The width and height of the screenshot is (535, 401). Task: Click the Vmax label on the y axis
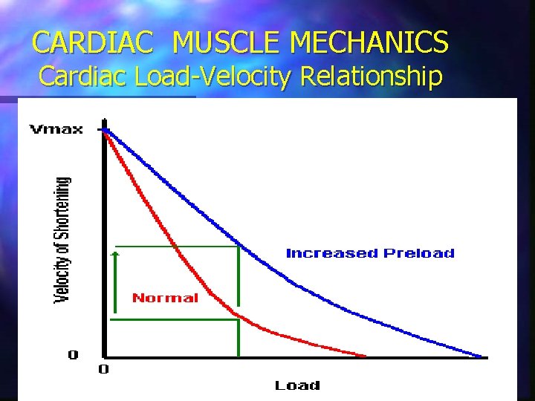(56, 131)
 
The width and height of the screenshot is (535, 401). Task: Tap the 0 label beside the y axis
(73, 355)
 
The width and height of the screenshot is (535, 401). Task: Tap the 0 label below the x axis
(104, 369)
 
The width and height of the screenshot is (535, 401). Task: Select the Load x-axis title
(297, 385)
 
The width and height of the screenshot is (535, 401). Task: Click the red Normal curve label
(165, 299)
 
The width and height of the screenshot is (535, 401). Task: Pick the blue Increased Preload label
(370, 253)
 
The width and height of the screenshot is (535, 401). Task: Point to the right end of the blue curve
(481, 356)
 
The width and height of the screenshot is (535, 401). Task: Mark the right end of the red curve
(365, 356)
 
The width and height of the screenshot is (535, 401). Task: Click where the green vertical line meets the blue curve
(239, 246)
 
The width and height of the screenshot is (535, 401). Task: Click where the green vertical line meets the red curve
(239, 319)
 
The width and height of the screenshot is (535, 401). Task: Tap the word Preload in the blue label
(418, 253)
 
